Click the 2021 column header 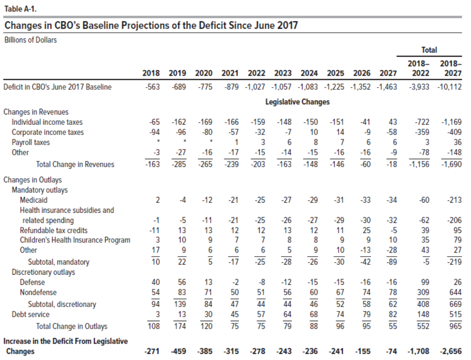(x=230, y=73)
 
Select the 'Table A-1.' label (x=20, y=9)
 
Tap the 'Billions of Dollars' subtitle (x=31, y=40)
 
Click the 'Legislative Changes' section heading (x=297, y=102)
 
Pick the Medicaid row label (x=33, y=200)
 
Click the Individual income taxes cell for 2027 (x=393, y=122)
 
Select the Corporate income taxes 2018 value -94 (x=154, y=132)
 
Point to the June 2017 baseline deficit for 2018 (x=153, y=87)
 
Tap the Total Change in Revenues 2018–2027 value (x=451, y=164)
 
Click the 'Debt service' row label (x=31, y=314)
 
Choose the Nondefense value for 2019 (x=182, y=292)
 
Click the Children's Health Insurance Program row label (x=75, y=240)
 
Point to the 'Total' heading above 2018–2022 (x=429, y=50)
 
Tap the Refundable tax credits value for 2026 (x=366, y=230)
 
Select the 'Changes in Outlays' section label (x=32, y=180)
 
